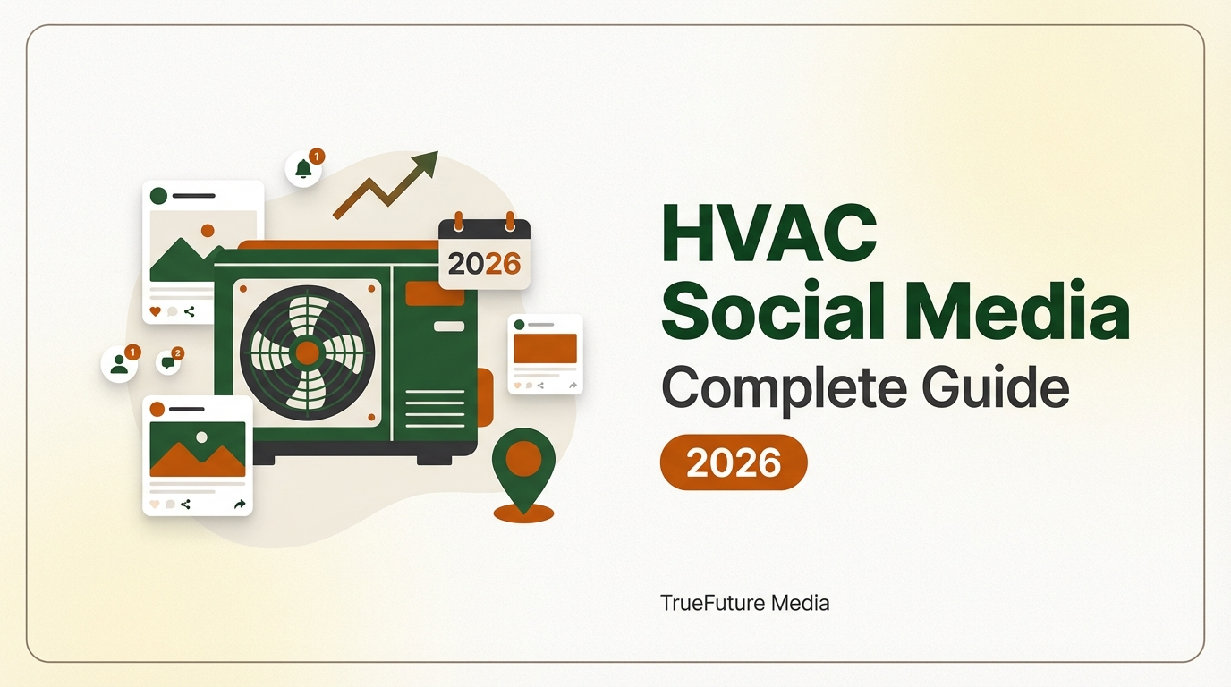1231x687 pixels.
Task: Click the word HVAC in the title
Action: coord(768,235)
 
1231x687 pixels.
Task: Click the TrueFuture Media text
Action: coord(744,603)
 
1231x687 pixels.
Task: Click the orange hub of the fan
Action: coord(307,352)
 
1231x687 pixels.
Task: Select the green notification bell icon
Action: coord(302,169)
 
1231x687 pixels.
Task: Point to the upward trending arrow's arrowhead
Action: coord(426,164)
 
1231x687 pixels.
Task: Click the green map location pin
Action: coord(523,459)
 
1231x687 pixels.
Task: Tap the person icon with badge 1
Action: coord(118,364)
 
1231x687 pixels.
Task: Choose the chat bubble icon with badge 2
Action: coord(167,362)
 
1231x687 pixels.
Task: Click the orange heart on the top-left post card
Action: coord(155,311)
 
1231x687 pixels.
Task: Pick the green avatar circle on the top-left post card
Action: coord(159,195)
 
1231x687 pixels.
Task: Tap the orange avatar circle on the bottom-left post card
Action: coord(157,409)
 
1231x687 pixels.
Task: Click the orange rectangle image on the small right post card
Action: coord(545,348)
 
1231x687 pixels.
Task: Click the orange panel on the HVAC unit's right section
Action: coord(435,293)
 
